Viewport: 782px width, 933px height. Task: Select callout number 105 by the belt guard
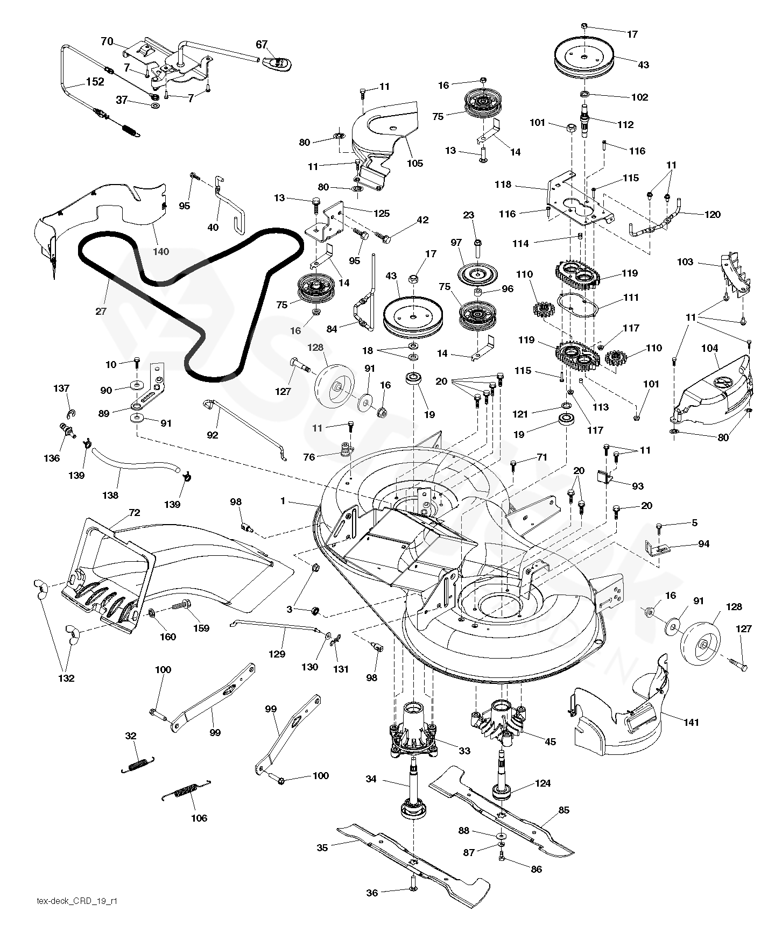point(415,163)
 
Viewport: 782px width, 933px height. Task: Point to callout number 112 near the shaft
point(626,124)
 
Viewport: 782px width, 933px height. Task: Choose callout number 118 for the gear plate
point(503,185)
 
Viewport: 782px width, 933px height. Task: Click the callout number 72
point(134,513)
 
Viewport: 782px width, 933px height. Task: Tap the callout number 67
point(262,45)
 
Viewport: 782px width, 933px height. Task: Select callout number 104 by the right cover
point(710,349)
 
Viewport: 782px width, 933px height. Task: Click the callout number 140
point(161,251)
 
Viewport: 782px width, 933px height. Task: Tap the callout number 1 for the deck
point(283,501)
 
